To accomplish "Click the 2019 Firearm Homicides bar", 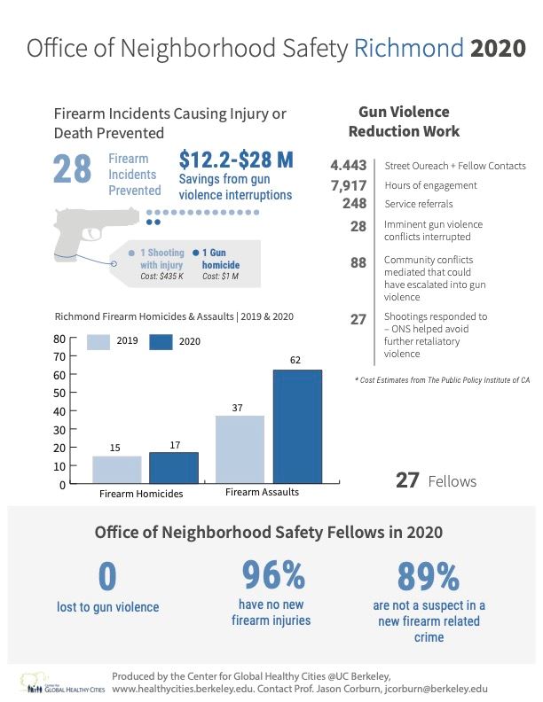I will [117, 469].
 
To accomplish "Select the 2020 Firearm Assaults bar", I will [297, 426].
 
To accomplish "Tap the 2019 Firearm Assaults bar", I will [240, 448].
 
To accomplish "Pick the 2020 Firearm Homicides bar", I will [173, 467].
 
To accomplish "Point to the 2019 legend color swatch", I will [98, 341].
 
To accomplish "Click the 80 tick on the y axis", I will [59, 339].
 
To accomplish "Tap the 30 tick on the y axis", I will [59, 430].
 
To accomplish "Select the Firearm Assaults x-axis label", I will [262, 492].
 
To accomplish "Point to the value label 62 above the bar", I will [296, 360].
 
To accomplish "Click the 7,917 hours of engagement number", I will [349, 185].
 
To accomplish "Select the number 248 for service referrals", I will [355, 203].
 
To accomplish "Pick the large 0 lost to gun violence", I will [107, 577].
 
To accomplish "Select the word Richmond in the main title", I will [408, 48].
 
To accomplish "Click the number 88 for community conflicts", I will [358, 263].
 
